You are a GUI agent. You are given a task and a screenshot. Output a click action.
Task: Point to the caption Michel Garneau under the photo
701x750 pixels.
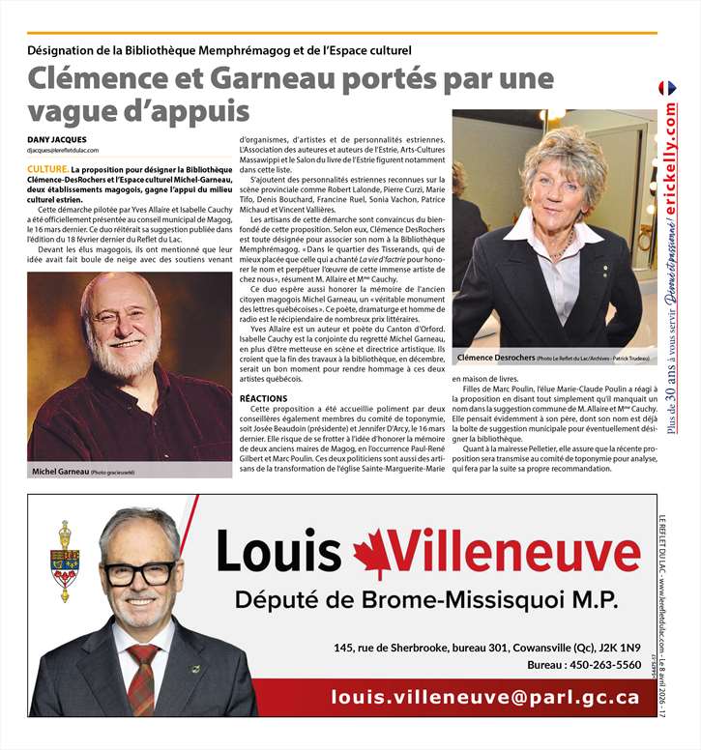[x=59, y=471]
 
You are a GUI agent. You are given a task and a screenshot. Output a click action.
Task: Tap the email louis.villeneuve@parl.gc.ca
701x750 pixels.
[x=484, y=696]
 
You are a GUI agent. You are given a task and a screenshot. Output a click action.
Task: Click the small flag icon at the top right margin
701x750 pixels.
[x=667, y=88]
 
